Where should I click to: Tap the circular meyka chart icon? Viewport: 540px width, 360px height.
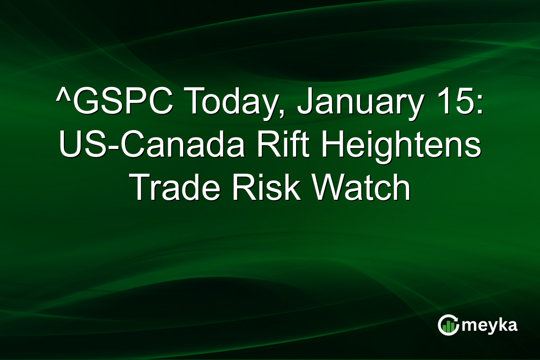(448, 325)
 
